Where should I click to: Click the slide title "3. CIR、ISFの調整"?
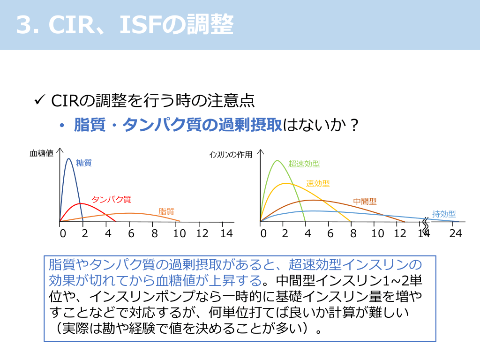[125, 25]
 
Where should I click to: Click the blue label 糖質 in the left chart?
[84, 163]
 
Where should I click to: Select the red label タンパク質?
[111, 199]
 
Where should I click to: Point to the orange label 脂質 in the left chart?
[166, 211]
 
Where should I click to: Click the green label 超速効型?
[304, 164]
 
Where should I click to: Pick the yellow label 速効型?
[318, 183]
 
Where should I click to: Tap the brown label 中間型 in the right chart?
[365, 202]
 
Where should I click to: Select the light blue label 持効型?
[444, 214]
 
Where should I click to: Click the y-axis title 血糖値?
[41, 153]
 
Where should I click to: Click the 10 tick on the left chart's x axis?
[179, 233]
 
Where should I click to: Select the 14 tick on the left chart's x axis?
[226, 233]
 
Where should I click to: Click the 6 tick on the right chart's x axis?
[330, 233]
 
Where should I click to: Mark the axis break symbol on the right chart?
[426, 225]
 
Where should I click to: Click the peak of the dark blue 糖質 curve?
[68, 158]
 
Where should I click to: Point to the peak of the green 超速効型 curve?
[277, 161]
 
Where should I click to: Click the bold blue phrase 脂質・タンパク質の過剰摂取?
[178, 125]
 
